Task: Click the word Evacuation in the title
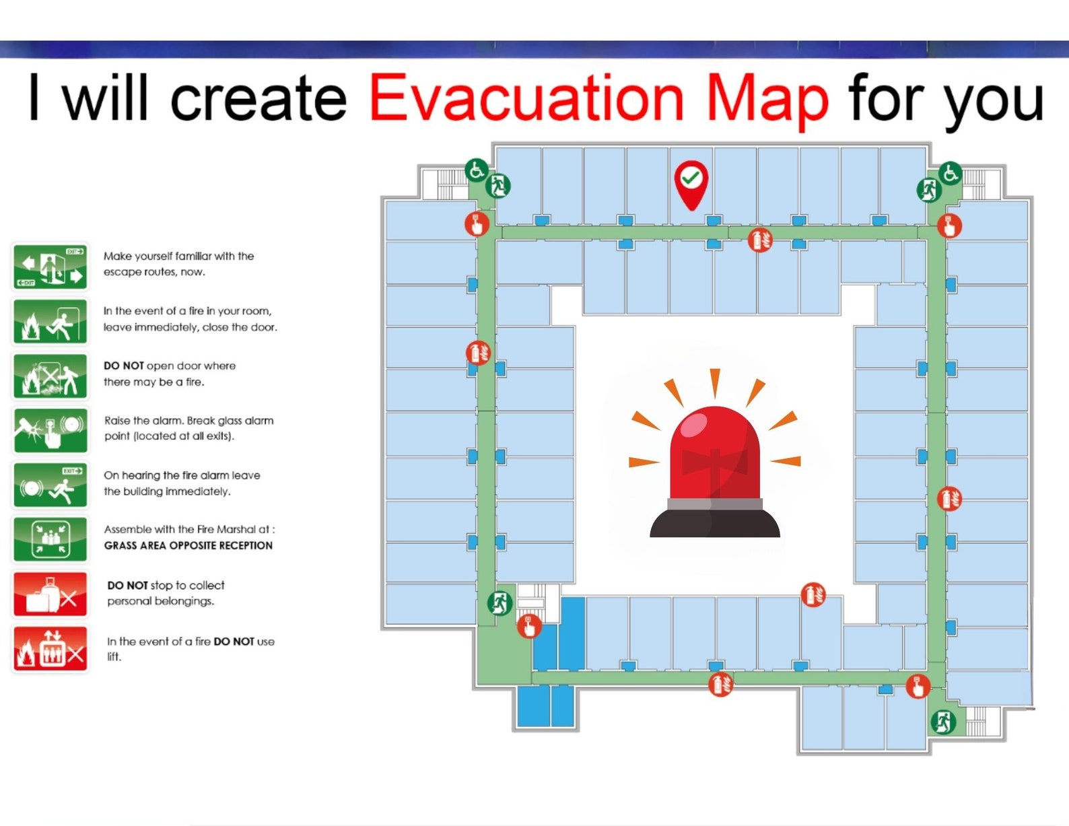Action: coord(526,99)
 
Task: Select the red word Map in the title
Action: coord(767,100)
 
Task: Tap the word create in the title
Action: coord(258,99)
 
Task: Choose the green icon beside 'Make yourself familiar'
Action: coord(50,267)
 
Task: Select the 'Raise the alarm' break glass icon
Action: coord(50,430)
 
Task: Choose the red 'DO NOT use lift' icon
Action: coord(50,649)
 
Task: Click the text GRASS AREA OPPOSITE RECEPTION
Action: coord(188,545)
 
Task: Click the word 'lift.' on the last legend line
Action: coord(114,657)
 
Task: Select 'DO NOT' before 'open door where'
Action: coord(123,366)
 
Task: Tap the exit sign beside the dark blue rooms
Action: coord(499,603)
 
